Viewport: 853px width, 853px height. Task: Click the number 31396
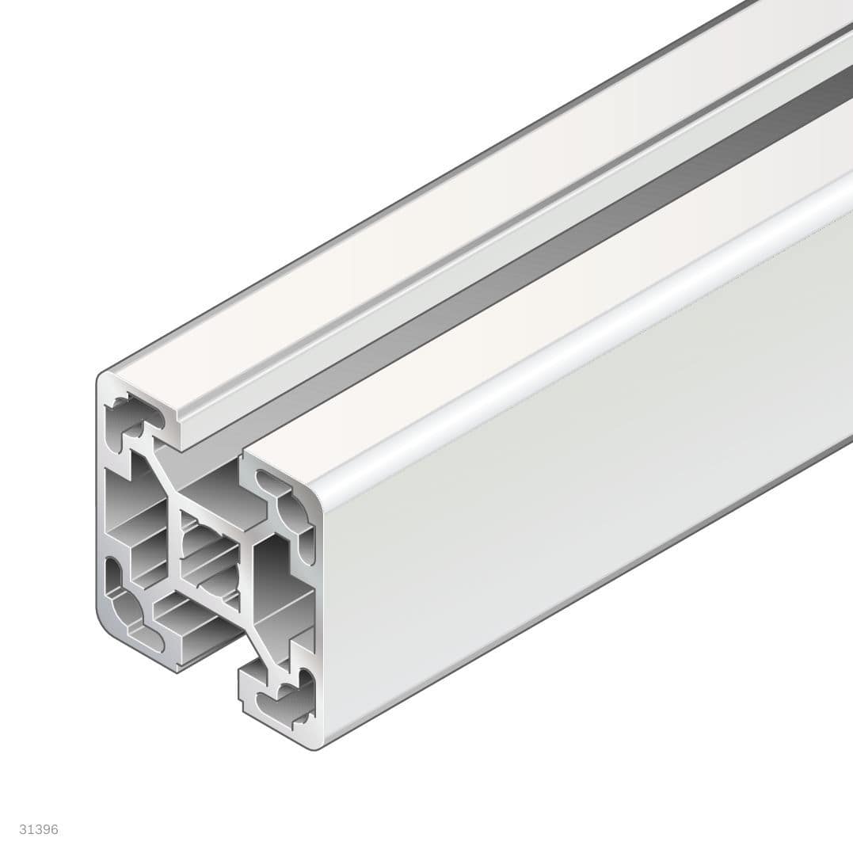pos(39,829)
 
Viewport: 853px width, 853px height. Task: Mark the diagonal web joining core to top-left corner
pos(162,478)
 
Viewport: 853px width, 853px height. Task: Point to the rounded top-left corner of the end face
pos(103,380)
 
